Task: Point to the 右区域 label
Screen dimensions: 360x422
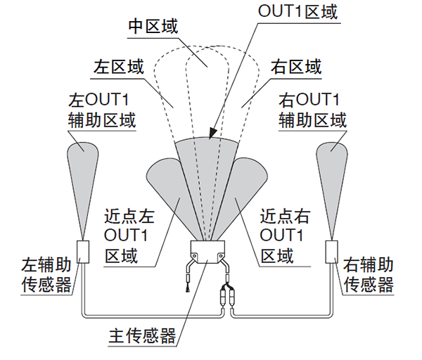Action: click(296, 67)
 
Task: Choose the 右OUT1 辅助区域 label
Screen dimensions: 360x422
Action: click(312, 108)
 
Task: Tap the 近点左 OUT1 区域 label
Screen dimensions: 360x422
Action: click(129, 234)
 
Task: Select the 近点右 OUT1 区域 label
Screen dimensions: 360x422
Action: click(285, 234)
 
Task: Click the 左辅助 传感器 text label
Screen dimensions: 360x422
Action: click(46, 276)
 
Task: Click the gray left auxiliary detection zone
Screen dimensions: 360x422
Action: click(84, 176)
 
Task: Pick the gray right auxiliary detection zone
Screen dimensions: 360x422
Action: click(332, 176)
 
